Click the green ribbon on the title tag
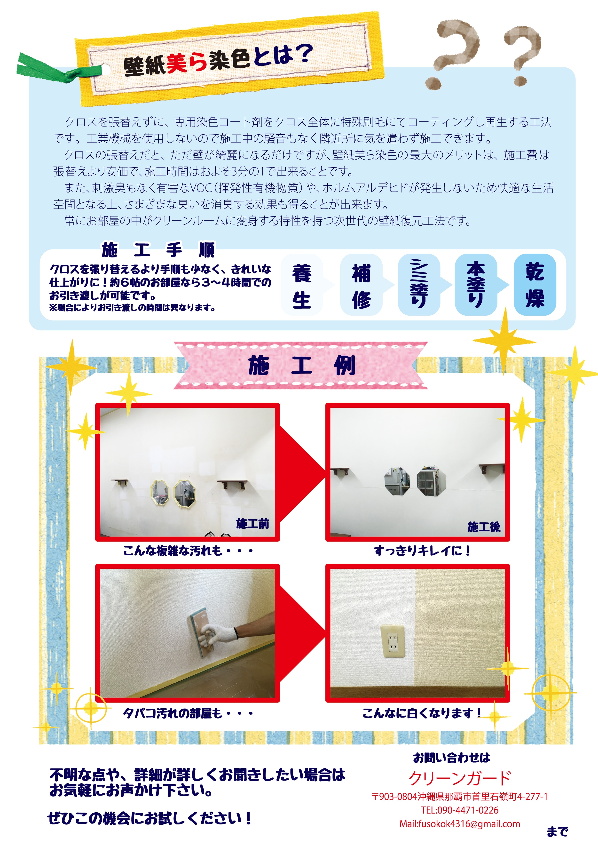55,68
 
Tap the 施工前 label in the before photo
252,523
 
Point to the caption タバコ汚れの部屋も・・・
188,713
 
